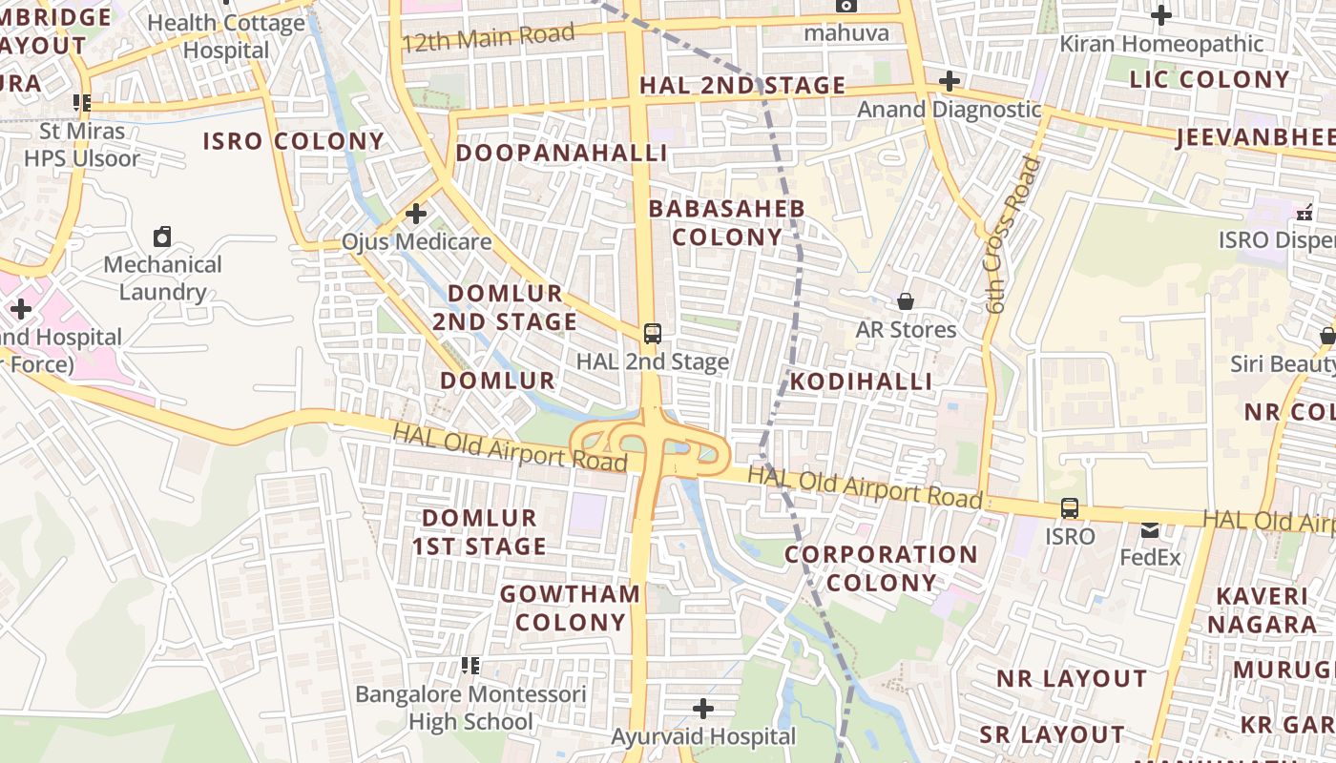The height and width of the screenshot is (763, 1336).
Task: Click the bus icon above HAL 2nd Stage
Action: [x=653, y=334]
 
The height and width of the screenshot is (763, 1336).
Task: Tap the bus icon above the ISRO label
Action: [x=1070, y=508]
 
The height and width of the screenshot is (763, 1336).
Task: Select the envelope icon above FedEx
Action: [x=1150, y=530]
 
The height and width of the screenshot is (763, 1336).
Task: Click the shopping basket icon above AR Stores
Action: [x=906, y=302]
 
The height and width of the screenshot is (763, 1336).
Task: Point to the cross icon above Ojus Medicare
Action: [x=416, y=214]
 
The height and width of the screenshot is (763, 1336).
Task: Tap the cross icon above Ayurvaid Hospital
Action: [x=703, y=709]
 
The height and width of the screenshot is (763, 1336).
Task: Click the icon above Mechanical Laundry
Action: [x=162, y=236]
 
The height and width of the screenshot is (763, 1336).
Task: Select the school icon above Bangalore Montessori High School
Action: [x=470, y=665]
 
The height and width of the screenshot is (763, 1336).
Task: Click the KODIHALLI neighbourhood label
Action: [x=861, y=381]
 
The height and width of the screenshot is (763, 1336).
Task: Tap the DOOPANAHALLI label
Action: [x=561, y=154]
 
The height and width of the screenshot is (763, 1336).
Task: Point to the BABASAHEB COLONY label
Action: [x=727, y=222]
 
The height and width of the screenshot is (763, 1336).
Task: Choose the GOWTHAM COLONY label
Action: [x=571, y=608]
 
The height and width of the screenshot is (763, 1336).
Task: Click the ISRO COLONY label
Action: [x=294, y=142]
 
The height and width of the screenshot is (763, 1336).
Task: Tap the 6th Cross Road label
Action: [x=1012, y=236]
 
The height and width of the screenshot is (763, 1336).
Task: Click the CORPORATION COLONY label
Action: [x=881, y=568]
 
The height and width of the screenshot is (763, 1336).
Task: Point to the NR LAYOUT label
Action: [x=1072, y=679]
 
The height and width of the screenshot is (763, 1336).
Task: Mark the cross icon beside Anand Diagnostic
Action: [x=949, y=81]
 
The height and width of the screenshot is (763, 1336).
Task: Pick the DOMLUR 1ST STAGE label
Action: [x=479, y=532]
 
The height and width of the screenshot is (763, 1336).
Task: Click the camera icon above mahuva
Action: [x=845, y=6]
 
